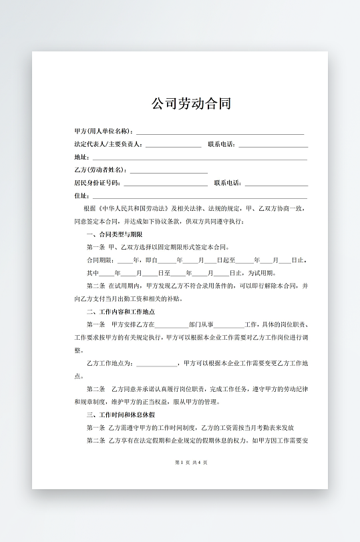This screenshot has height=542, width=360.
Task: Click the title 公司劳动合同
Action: (x=191, y=104)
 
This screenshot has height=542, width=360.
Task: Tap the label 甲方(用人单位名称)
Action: (x=104, y=131)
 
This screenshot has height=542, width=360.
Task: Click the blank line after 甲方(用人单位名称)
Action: (x=220, y=133)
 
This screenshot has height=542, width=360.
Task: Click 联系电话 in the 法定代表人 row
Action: (x=222, y=144)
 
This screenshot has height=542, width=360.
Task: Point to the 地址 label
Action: (x=81, y=157)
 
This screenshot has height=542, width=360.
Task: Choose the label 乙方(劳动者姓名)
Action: (x=101, y=170)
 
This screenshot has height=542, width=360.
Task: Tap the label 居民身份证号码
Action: (x=98, y=183)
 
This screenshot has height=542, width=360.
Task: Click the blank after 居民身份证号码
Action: (x=166, y=184)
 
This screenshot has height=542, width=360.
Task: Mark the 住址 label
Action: (x=81, y=196)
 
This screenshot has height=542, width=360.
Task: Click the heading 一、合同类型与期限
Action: (x=114, y=234)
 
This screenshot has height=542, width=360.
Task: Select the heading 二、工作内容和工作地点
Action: (x=120, y=311)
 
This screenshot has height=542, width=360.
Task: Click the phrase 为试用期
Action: (x=260, y=272)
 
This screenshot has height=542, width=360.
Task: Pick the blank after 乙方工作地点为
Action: (x=157, y=364)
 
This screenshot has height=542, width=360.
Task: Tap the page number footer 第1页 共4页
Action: (x=191, y=462)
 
